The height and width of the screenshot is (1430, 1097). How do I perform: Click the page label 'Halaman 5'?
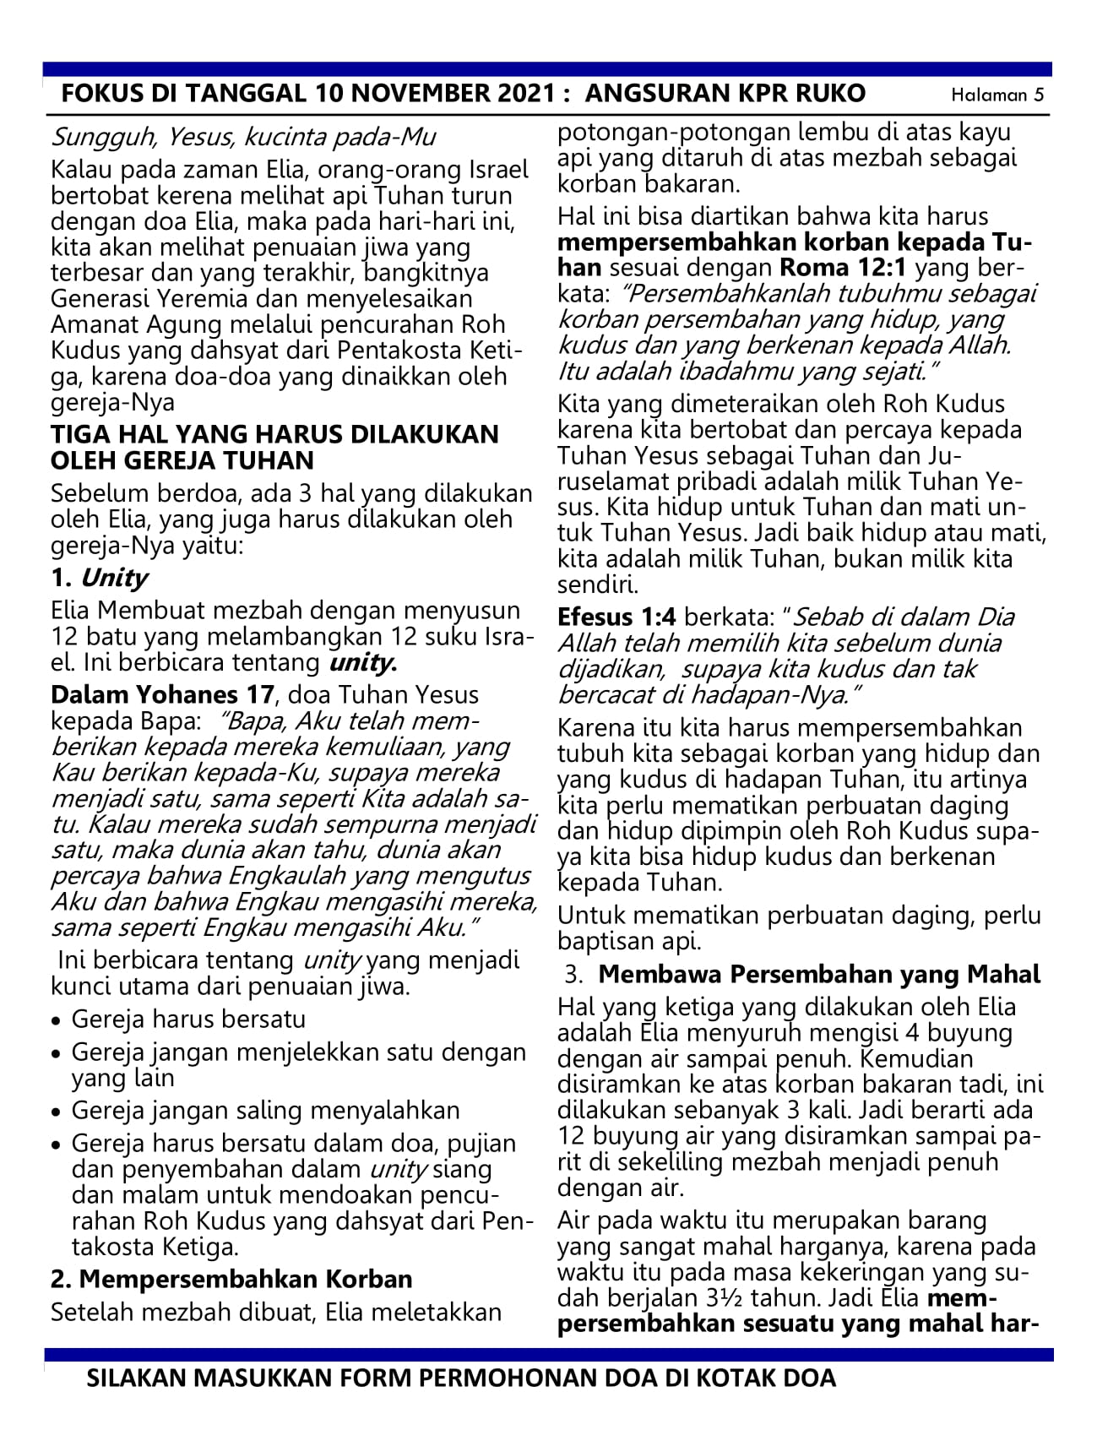tap(997, 95)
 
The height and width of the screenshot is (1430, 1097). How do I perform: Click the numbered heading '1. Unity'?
tap(99, 578)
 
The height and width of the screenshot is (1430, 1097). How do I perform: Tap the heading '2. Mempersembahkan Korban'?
tap(231, 1279)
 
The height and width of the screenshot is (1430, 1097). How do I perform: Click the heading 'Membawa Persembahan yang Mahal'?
tap(819, 974)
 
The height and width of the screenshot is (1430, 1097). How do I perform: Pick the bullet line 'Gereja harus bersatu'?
tap(188, 1019)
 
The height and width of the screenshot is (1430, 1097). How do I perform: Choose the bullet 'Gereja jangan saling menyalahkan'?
tap(265, 1111)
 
